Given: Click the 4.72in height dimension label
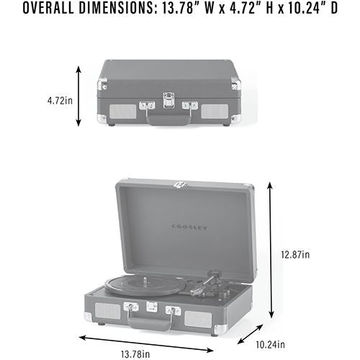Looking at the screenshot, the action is [60, 101].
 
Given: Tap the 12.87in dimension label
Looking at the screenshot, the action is [295, 255].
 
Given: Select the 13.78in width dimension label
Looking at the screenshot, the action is [135, 354].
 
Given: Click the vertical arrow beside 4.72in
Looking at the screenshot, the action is [78, 96].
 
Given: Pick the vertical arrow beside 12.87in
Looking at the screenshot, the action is [271, 250].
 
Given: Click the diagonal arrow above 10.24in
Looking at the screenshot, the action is [250, 334].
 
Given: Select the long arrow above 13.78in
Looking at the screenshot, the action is [146, 344].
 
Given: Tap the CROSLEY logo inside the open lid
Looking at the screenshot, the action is [189, 228].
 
